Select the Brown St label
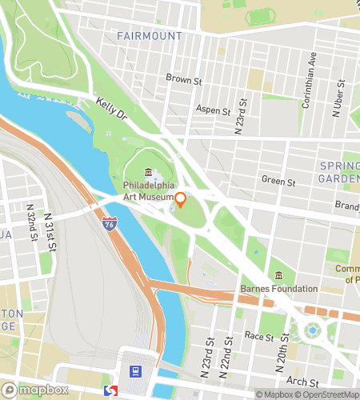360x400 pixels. pyautogui.click(x=182, y=78)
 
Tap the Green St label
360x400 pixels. pyautogui.click(x=278, y=181)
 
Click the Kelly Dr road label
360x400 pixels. pyautogui.click(x=111, y=110)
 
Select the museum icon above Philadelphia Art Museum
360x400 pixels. pyautogui.click(x=148, y=173)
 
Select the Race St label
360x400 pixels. pyautogui.click(x=260, y=337)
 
